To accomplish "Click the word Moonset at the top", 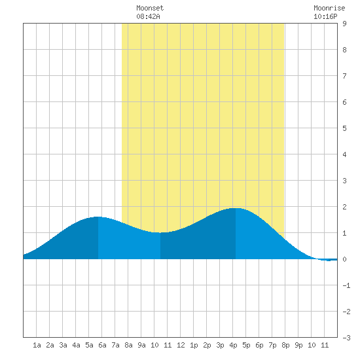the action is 150,8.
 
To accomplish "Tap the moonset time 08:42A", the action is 148,16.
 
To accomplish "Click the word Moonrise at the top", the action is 329,8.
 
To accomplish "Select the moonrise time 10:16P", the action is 325,16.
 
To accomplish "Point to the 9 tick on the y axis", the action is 344,24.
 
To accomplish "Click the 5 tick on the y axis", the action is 344,128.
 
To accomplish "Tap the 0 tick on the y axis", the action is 344,259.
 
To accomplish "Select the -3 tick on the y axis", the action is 346,338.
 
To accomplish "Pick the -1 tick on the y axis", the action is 346,285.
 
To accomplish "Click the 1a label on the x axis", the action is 37,345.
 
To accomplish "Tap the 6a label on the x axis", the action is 102,345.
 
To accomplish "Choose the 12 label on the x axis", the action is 181,345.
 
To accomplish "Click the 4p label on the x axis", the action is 233,345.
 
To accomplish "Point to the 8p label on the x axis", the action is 285,345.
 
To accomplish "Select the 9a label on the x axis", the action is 141,345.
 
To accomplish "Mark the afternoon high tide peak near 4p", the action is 236,208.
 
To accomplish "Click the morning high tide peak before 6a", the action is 98,217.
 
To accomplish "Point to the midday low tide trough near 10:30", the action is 160,232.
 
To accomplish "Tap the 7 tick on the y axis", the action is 344,76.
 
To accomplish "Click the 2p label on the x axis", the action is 207,345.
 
